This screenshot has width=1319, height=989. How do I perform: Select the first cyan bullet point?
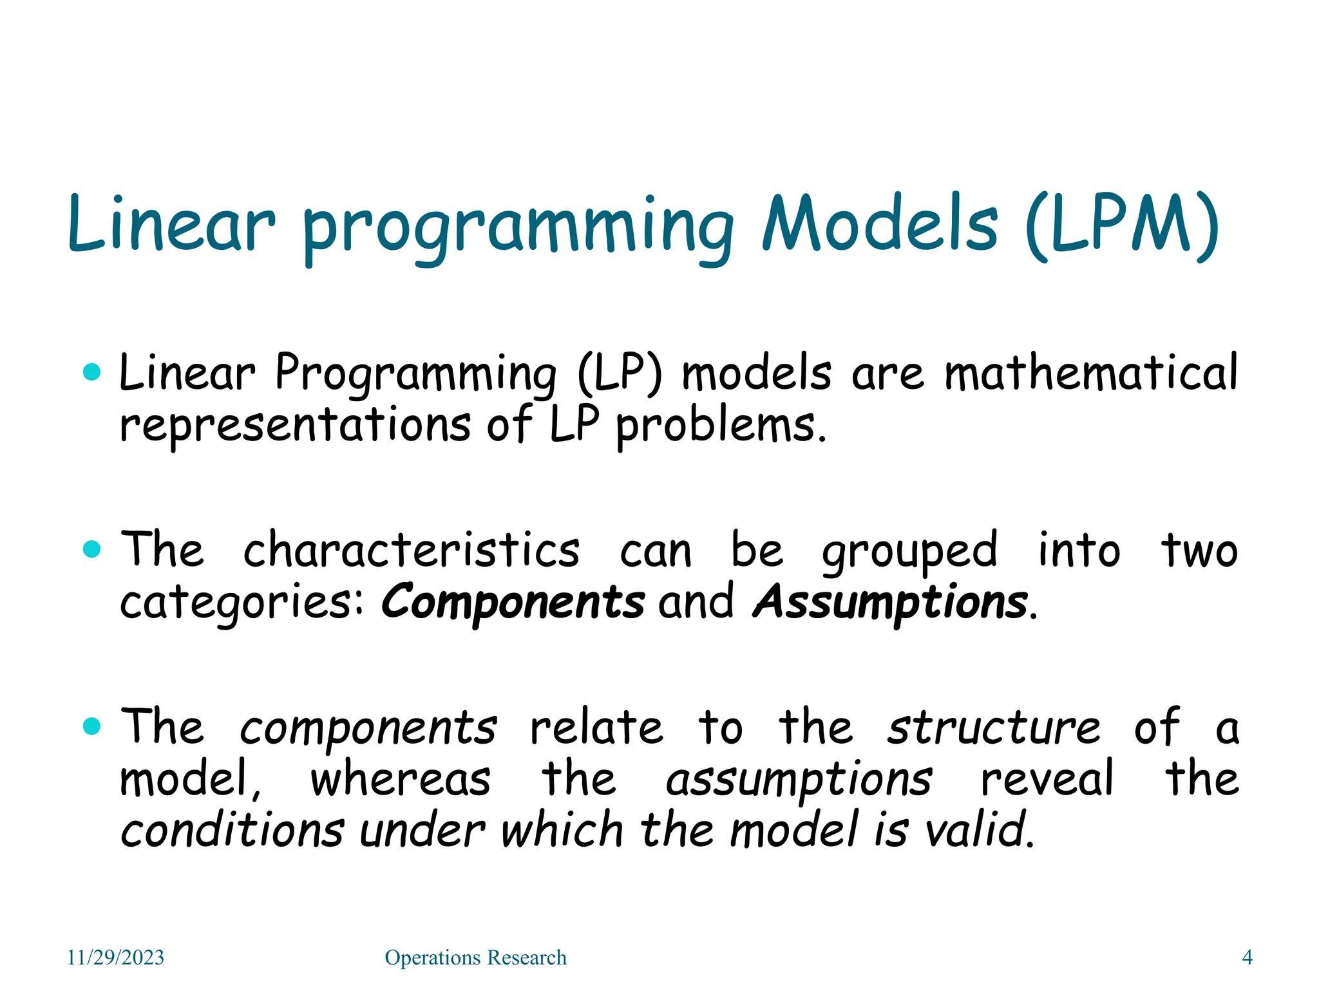click(93, 372)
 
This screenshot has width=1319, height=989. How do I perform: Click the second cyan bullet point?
click(93, 549)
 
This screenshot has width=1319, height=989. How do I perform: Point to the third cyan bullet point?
click(93, 726)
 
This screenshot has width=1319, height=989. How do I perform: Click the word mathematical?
click(1091, 373)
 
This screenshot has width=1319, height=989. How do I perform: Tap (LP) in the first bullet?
click(620, 375)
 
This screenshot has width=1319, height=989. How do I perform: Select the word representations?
click(296, 425)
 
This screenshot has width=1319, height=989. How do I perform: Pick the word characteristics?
click(412, 551)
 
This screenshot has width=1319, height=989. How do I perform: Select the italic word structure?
click(994, 728)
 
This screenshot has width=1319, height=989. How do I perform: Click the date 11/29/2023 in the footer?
click(116, 957)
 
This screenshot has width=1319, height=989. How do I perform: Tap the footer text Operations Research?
click(475, 957)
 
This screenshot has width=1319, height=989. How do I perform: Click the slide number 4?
click(1247, 957)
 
